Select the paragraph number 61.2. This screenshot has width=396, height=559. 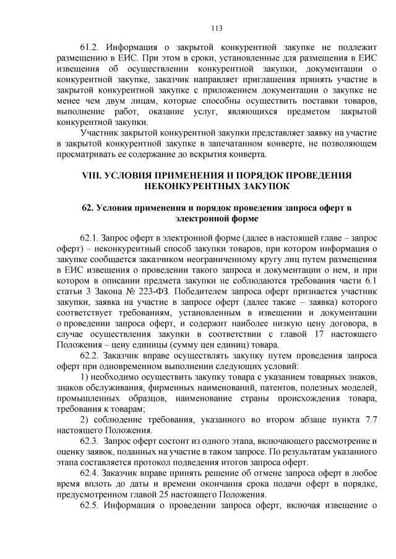click(x=91, y=48)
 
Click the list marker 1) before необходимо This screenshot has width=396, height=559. click(x=85, y=377)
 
